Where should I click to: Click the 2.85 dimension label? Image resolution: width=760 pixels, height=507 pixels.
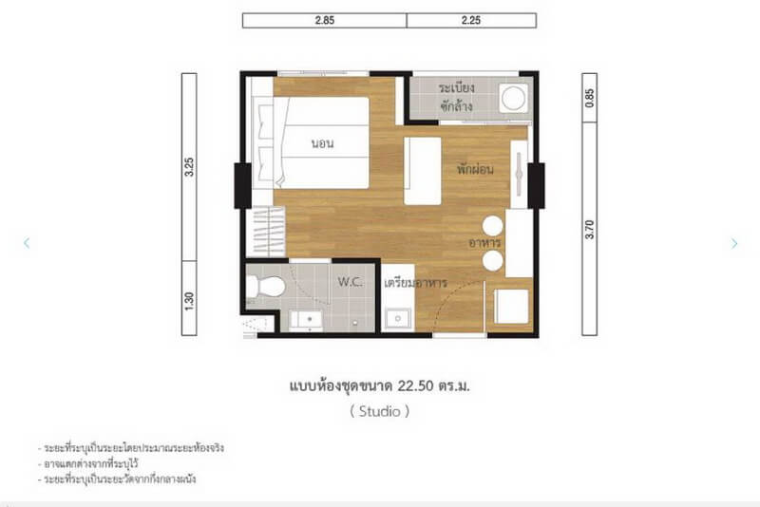(x=324, y=20)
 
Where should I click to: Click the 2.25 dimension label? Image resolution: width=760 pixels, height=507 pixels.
(x=471, y=20)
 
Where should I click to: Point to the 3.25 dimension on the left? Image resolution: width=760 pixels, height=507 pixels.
(x=189, y=166)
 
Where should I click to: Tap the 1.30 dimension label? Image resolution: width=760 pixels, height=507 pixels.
(x=189, y=301)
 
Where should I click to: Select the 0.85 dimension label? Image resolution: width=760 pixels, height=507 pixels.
(x=589, y=98)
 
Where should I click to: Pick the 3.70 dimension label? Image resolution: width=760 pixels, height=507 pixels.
(x=589, y=230)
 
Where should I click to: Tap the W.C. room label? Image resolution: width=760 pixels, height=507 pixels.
(x=350, y=282)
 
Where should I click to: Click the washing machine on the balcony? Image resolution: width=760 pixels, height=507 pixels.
(x=514, y=99)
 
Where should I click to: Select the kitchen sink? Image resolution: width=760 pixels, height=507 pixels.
(x=398, y=319)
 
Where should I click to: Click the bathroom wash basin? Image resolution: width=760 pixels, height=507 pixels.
(x=306, y=320)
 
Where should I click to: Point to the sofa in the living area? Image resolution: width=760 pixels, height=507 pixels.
(x=423, y=171)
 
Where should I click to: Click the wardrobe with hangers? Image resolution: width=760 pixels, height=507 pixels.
(x=266, y=232)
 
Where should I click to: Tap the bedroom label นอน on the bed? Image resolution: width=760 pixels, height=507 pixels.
(x=322, y=143)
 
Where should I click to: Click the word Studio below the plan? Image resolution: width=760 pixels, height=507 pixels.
(x=379, y=412)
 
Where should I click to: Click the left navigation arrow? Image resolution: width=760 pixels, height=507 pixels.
(x=27, y=243)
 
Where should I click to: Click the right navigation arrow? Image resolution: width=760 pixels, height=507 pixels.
(x=734, y=244)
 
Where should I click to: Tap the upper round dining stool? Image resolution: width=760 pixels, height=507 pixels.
(x=493, y=226)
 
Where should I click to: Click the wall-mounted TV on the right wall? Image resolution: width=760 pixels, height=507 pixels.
(x=519, y=175)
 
